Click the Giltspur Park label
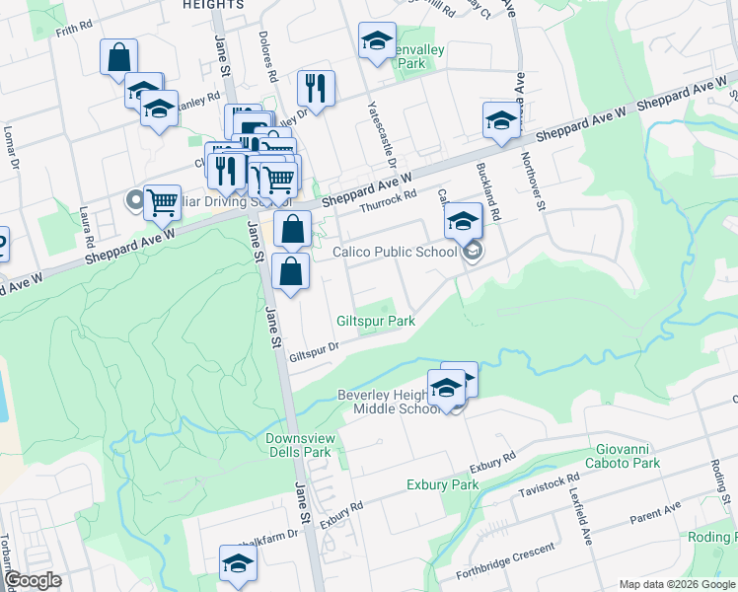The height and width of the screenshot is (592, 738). click(x=375, y=322)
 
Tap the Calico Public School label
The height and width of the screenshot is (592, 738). click(x=395, y=252)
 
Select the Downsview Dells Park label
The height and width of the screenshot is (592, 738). click(x=297, y=445)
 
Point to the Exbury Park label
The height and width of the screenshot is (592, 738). click(x=442, y=485)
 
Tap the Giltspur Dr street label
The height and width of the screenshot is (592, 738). click(x=315, y=349)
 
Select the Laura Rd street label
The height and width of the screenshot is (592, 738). click(x=86, y=228)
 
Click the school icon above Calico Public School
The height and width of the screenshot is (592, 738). click(x=462, y=221)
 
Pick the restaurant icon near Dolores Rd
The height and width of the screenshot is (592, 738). click(x=316, y=88)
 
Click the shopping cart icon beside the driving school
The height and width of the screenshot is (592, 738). click(x=162, y=202)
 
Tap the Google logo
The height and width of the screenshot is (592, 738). click(x=32, y=580)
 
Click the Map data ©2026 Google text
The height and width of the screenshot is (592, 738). click(x=676, y=584)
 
